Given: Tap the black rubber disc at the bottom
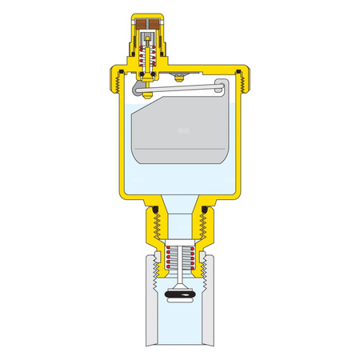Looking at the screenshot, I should click(179, 297).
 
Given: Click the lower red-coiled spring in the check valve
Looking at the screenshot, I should click(179, 260).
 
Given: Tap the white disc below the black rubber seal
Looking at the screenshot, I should click(179, 305).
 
